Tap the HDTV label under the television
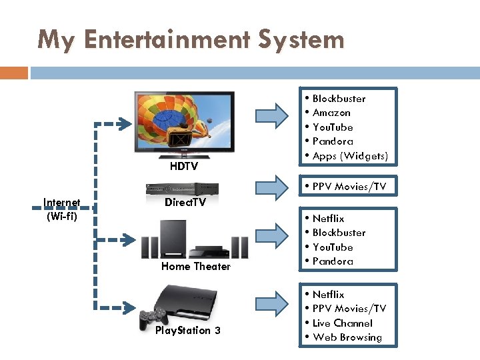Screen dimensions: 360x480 click(183, 167)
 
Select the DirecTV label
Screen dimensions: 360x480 click(185, 202)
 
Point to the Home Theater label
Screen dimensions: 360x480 click(195, 266)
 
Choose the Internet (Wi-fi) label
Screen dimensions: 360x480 click(61, 209)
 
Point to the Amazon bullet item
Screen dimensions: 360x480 click(331, 113)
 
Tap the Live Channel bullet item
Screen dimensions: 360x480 click(342, 323)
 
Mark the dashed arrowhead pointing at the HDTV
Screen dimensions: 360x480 click(124, 123)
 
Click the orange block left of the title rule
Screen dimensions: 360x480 click(13, 73)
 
